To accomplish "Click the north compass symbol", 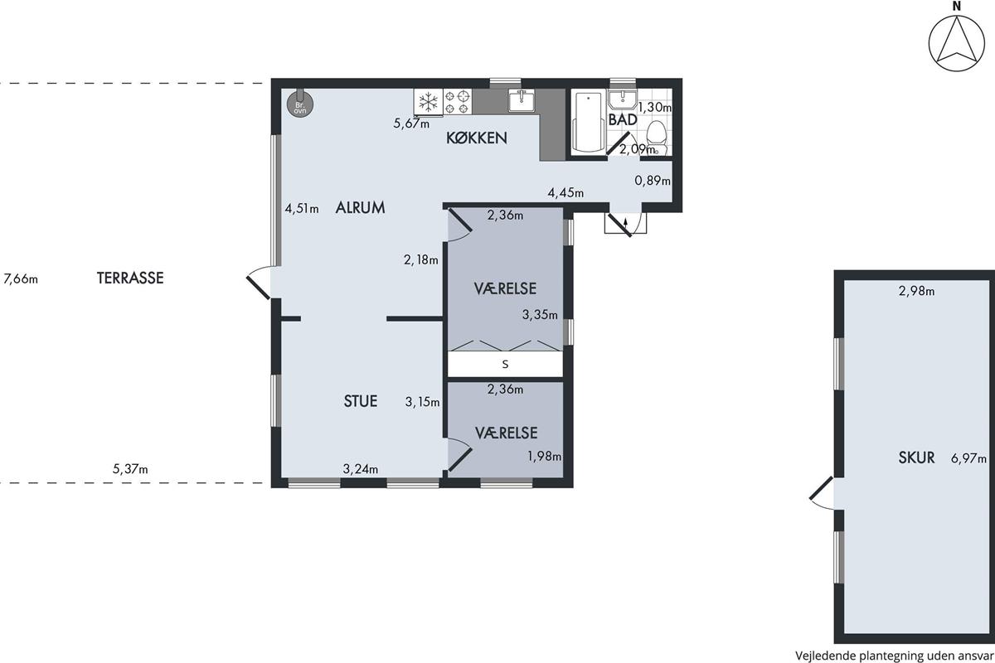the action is pyautogui.click(x=956, y=44).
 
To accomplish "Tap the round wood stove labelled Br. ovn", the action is pyautogui.click(x=300, y=104).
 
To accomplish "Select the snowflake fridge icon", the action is pyautogui.click(x=428, y=102).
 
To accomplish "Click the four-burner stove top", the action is pyautogui.click(x=458, y=102).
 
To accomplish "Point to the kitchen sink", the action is pyautogui.click(x=522, y=100).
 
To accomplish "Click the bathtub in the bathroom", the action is pyautogui.click(x=588, y=121).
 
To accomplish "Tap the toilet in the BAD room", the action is pyautogui.click(x=656, y=138).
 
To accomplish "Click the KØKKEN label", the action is pyautogui.click(x=476, y=138).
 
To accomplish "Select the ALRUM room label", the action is pyautogui.click(x=360, y=207).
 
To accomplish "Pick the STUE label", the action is pyautogui.click(x=360, y=401).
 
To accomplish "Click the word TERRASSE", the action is pyautogui.click(x=130, y=278).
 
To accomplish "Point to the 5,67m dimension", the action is pyautogui.click(x=411, y=123).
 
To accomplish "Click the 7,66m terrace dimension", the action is pyautogui.click(x=21, y=279).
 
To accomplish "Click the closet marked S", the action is pyautogui.click(x=505, y=364).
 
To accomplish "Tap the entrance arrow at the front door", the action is pyautogui.click(x=626, y=224).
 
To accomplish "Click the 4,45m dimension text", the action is pyautogui.click(x=565, y=193).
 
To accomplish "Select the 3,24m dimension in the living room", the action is pyautogui.click(x=360, y=468).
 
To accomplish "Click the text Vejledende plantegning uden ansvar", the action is pyautogui.click(x=894, y=656).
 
